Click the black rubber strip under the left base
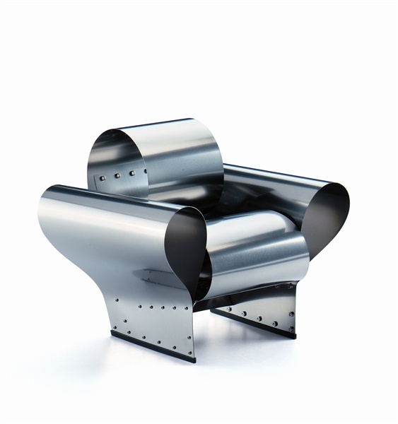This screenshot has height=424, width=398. pos(152,348)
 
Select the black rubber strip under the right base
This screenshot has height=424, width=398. pos(254,324)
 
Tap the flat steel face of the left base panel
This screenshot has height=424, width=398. pos(152,322)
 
